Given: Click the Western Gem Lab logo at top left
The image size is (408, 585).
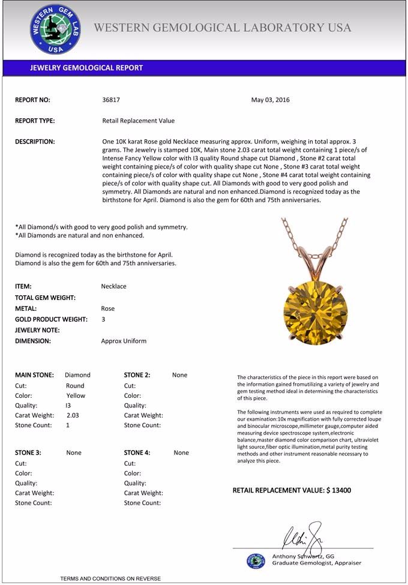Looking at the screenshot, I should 55,29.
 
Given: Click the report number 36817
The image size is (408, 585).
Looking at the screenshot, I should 112,100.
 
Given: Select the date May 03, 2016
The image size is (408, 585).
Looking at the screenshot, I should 270,100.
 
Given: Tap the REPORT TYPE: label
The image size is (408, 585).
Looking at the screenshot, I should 35,121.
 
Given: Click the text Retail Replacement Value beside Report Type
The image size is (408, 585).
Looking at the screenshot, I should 139,121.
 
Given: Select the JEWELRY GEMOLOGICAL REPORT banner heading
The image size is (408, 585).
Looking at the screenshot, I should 86,68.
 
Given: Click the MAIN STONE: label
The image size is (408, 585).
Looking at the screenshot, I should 34,375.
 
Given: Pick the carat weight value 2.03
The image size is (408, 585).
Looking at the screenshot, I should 73,415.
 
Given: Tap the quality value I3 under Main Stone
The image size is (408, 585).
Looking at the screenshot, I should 68,405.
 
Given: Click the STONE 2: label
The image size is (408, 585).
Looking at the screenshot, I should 137,375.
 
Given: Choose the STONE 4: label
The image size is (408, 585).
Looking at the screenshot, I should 137,453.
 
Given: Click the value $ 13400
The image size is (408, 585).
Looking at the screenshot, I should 338,490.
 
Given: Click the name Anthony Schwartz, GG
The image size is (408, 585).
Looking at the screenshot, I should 303,556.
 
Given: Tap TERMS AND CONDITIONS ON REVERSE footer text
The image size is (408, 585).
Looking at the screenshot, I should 110,578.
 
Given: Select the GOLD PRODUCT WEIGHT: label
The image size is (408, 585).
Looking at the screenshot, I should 51,319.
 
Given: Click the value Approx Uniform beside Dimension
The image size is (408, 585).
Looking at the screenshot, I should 124,341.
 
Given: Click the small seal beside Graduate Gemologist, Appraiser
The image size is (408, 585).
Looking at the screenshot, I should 256,560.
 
